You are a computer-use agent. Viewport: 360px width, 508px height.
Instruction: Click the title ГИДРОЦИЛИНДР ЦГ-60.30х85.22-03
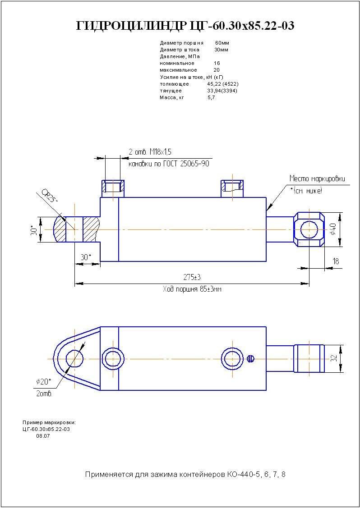[186, 26]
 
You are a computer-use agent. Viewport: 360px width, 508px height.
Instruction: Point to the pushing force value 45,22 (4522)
[222, 84]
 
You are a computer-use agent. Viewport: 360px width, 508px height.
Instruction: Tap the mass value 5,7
[211, 97]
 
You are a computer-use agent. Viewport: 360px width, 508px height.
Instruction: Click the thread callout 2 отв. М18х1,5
[150, 152]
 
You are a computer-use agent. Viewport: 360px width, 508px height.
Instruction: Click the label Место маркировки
[317, 178]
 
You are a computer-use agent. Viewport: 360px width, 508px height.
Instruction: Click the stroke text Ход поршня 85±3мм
[192, 289]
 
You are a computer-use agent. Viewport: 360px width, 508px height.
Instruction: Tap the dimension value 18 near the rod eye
[336, 261]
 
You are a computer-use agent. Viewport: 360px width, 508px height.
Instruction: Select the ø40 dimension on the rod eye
[333, 229]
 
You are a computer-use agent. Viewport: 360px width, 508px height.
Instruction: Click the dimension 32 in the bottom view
[334, 358]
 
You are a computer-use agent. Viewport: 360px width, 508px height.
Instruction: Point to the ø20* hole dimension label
[44, 382]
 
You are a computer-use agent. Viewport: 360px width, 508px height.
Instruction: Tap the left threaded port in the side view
[113, 186]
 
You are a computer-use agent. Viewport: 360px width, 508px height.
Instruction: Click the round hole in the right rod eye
[309, 229]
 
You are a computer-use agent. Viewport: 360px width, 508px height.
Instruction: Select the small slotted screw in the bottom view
[252, 358]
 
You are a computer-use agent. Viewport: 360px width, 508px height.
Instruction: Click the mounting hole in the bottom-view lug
[74, 359]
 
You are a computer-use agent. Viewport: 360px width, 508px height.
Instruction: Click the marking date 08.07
[43, 436]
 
